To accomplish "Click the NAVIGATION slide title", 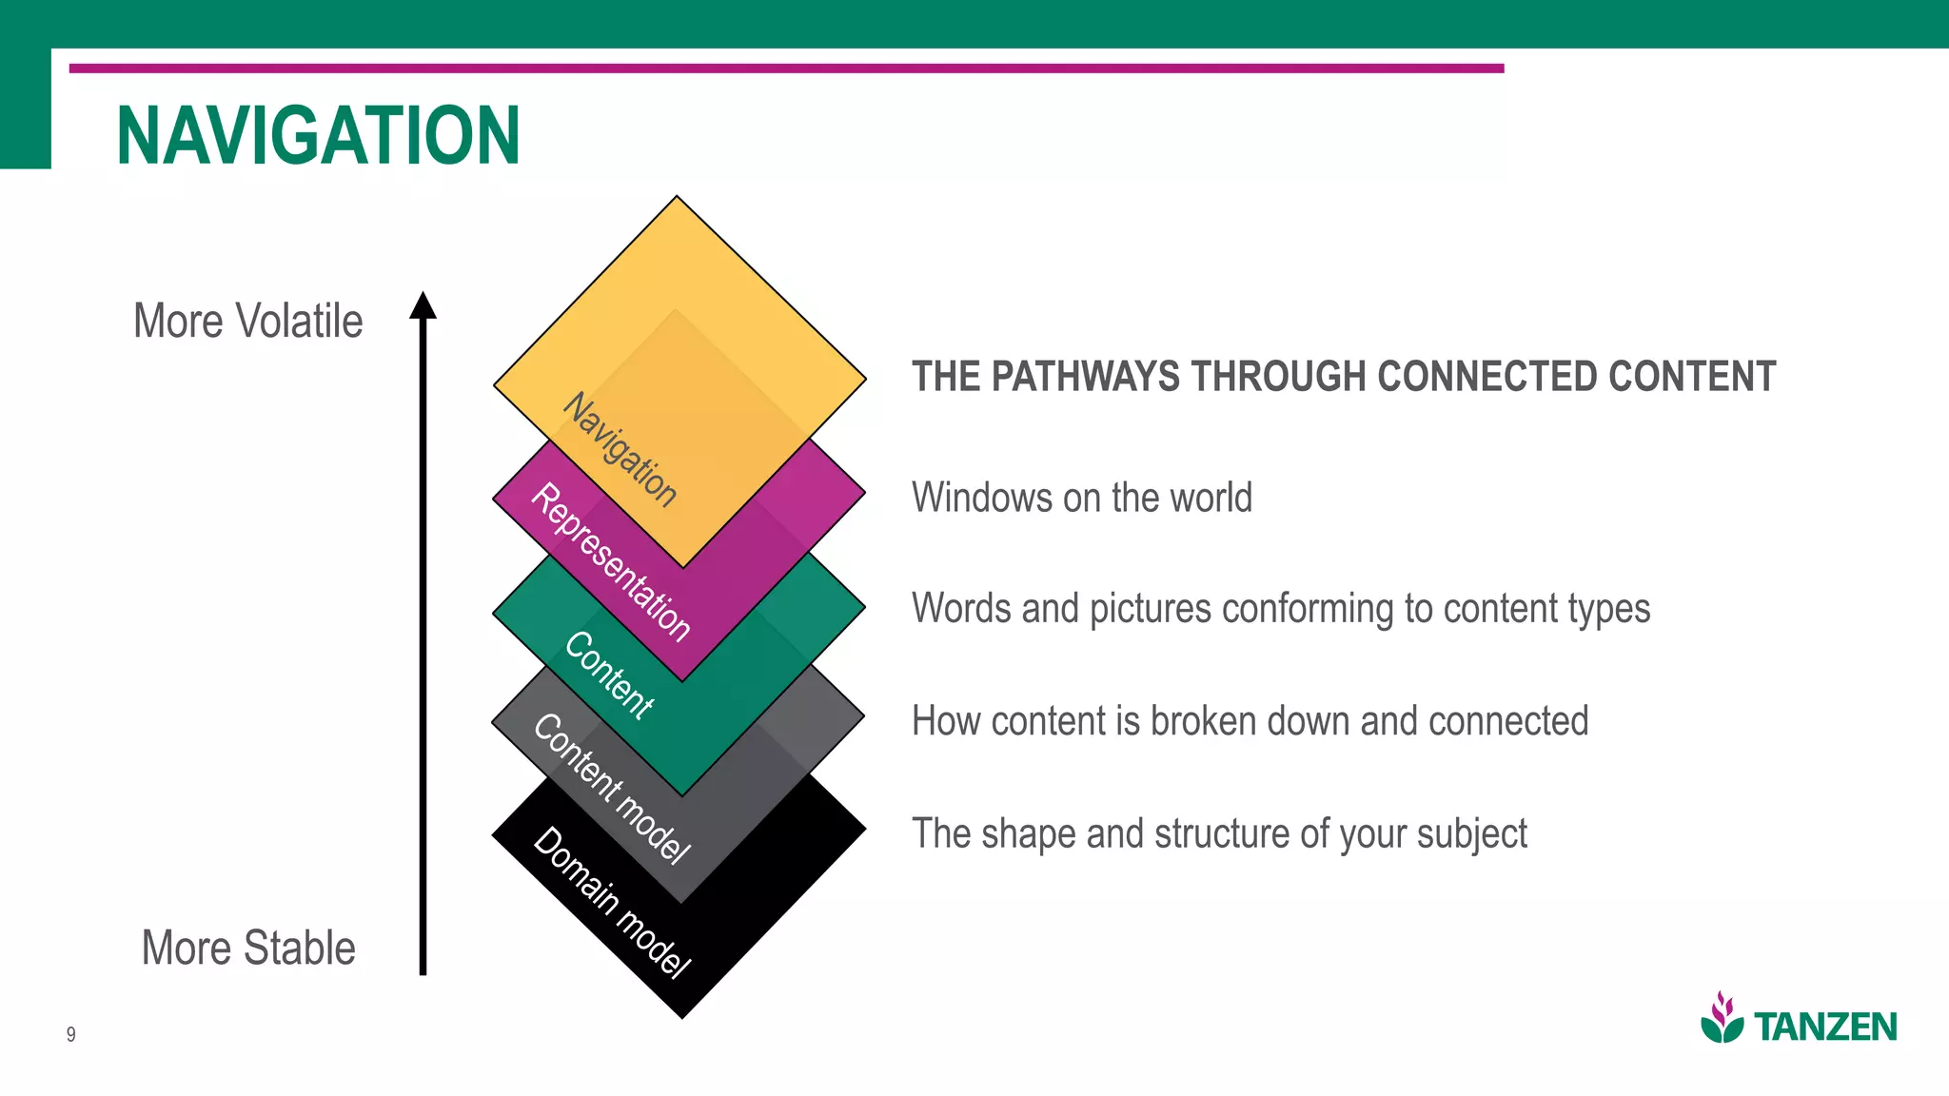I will pyautogui.click(x=318, y=136).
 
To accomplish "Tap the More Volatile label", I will pyautogui.click(x=247, y=321).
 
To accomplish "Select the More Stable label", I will pyautogui.click(x=247, y=948).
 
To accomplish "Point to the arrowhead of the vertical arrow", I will pyautogui.click(x=423, y=304).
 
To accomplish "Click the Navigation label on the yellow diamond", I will pyautogui.click(x=620, y=449).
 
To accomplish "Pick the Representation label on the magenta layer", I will pyautogui.click(x=610, y=562).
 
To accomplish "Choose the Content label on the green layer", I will pyautogui.click(x=609, y=675).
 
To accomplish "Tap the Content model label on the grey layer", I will pyautogui.click(x=610, y=789).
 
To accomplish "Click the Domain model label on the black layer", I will pyautogui.click(x=610, y=903).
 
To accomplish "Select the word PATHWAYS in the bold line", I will pyautogui.click(x=1084, y=377).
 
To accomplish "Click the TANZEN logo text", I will pyautogui.click(x=1824, y=1027).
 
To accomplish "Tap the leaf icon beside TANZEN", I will pyautogui.click(x=1722, y=1018).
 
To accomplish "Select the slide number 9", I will pyautogui.click(x=71, y=1034).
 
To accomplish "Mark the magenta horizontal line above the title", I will pyautogui.click(x=786, y=68).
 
